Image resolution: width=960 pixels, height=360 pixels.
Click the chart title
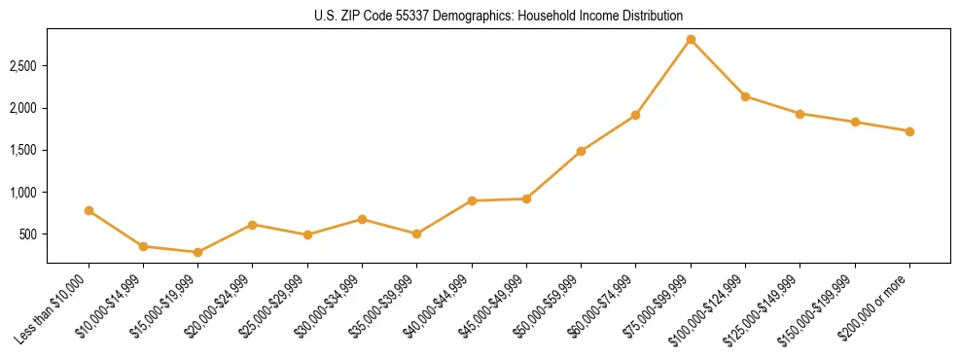coord(499,16)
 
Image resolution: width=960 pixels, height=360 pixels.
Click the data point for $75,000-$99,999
coord(691,40)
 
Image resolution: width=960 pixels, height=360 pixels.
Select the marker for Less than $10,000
coord(89,210)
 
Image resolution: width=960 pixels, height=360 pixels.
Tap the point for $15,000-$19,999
coord(198,252)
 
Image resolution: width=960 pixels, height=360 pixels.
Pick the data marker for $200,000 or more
coord(909,131)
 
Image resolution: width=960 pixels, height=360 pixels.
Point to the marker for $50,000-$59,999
coord(581,151)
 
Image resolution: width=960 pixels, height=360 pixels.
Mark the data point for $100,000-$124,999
coord(745,96)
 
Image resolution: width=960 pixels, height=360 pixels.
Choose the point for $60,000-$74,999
coord(635,115)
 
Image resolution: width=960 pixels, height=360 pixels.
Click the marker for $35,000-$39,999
coord(417,234)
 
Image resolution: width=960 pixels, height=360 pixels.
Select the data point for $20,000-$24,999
coord(253,225)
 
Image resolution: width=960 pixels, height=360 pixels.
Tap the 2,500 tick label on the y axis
coord(23,66)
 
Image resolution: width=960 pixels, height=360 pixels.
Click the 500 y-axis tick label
coord(29,234)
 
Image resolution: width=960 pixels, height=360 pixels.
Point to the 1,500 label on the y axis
coord(23,150)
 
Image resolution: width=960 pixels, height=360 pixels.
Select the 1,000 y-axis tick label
coord(23,193)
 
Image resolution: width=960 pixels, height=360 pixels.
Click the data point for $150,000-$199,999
coord(855,122)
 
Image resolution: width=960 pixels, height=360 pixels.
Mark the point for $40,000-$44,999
coord(472,200)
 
